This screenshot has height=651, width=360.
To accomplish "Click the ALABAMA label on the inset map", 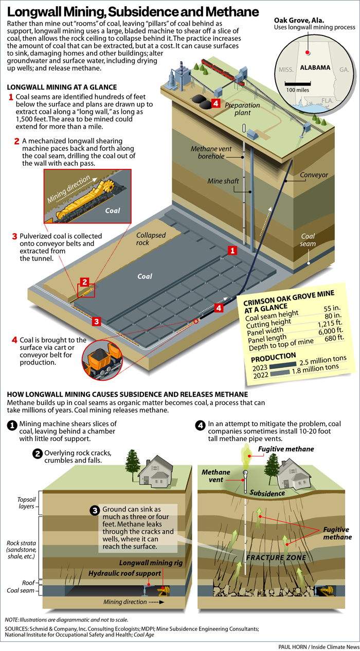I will (316, 68).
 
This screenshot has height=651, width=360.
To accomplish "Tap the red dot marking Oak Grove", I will (307, 52).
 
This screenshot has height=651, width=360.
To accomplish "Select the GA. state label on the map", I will (344, 69).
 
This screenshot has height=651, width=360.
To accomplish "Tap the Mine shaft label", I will (222, 181).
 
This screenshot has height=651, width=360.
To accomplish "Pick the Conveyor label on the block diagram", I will (314, 175).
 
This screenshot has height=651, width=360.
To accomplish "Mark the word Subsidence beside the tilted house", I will (267, 492).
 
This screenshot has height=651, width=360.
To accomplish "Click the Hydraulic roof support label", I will (124, 573).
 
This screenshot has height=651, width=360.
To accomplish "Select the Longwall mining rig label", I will (151, 563).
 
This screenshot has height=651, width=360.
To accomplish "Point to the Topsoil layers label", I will (19, 503).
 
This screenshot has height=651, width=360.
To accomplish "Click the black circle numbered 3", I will (95, 511).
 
